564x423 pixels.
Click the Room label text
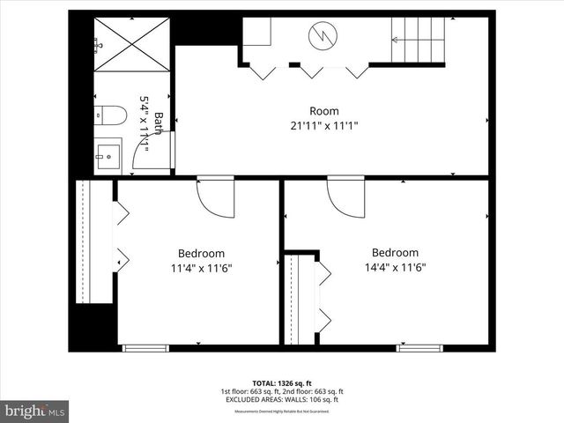click(323, 111)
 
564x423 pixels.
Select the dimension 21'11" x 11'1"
click(323, 126)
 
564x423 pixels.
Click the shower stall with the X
click(131, 45)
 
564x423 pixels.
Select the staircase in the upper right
click(418, 40)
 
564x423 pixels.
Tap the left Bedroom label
click(201, 253)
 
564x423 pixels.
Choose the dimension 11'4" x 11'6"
click(201, 268)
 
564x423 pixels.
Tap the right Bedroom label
click(395, 252)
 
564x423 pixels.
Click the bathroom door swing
click(152, 152)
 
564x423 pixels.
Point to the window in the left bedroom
click(145, 348)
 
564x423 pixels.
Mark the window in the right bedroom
click(419, 348)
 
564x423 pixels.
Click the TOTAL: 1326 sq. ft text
click(282, 383)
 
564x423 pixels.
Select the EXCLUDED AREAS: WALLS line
click(282, 399)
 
